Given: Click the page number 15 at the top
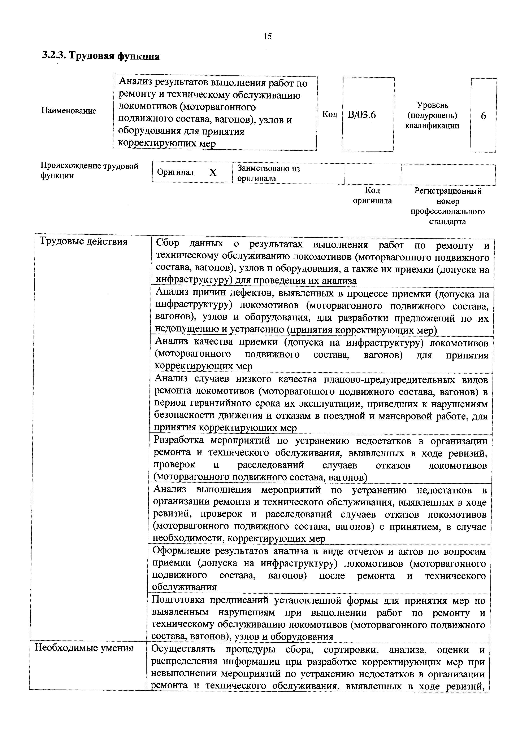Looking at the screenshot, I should coord(267,36).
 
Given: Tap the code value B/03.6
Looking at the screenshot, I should coord(361,115).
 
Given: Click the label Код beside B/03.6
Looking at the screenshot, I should coord(329,114).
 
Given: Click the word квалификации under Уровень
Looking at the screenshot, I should coord(432,126).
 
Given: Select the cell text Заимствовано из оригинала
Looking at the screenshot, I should coord(268,173).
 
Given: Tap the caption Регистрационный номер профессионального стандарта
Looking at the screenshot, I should coord(448,206).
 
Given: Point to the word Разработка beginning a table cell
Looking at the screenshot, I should coord(178,440).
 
